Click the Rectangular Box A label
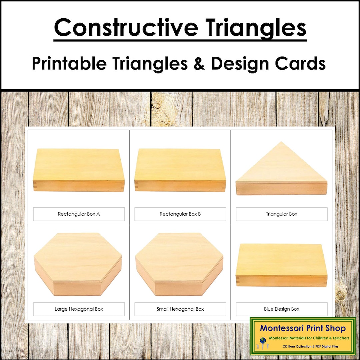point(79,214)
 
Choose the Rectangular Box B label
point(180,214)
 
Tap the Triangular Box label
point(281,214)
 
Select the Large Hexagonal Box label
point(79,309)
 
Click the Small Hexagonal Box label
point(180,309)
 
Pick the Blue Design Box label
point(281,309)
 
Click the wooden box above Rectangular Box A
point(79,170)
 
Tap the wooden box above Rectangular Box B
point(180,170)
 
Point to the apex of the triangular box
point(282,143)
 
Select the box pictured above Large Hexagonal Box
point(78,263)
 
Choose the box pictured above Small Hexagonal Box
point(179,263)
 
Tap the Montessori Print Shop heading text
point(303,328)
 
